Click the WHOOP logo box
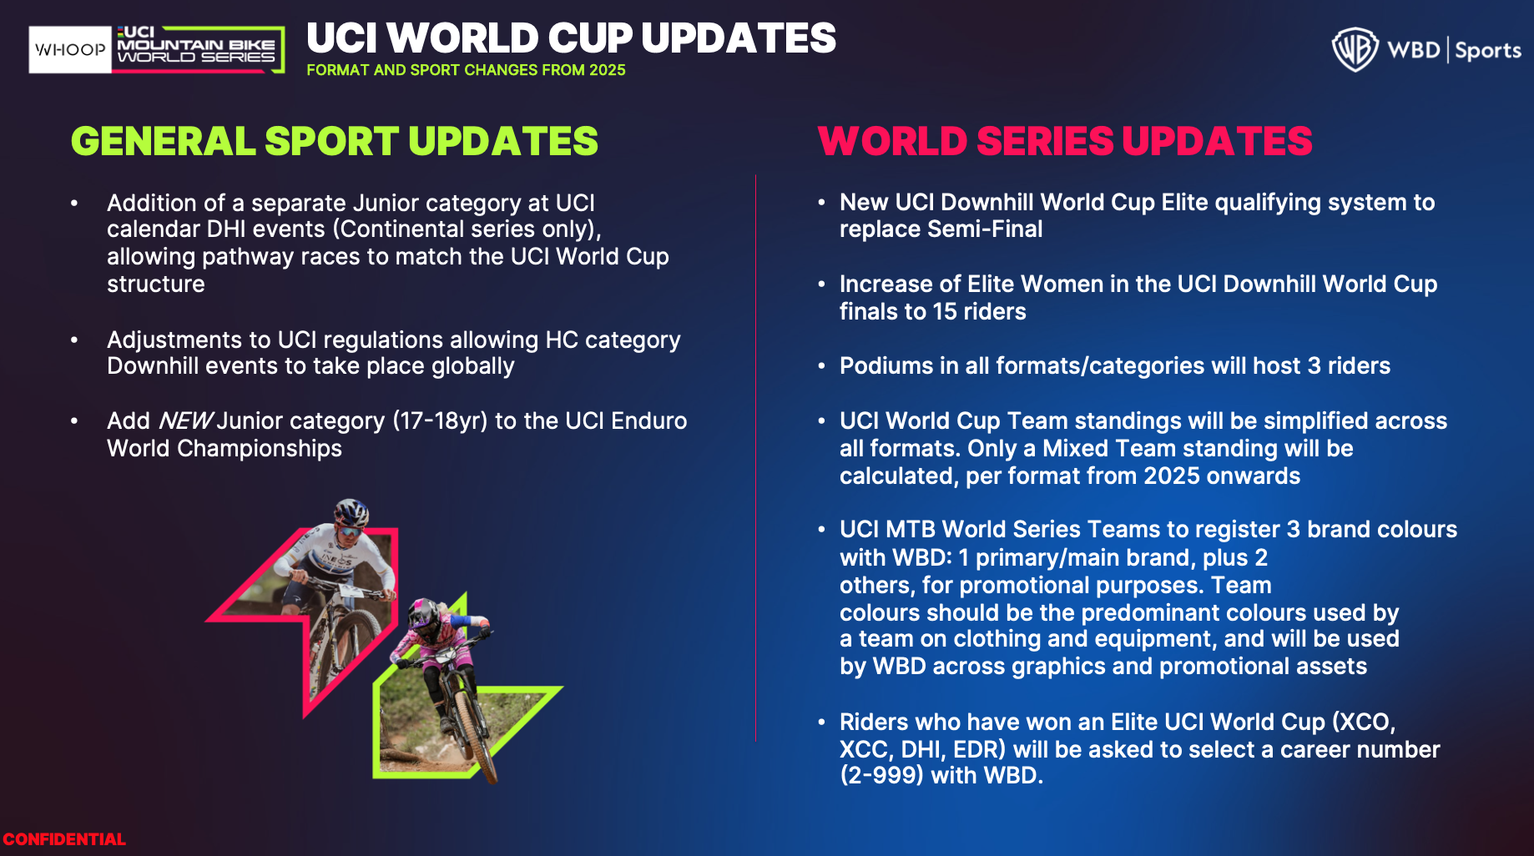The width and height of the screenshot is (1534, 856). pos(70,49)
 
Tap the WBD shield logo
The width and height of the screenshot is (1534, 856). pos(1355,49)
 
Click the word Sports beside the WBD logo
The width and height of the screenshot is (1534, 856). pos(1488,51)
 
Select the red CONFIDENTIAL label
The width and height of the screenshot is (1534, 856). pos(64,839)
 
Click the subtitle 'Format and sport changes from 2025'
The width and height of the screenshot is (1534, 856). pos(466,70)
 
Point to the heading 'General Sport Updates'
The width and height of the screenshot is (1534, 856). pos(335,141)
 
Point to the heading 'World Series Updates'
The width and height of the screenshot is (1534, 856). pos(1065,141)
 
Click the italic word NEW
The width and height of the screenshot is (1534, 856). pos(185,420)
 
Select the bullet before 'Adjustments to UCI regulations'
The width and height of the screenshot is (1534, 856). pos(74,340)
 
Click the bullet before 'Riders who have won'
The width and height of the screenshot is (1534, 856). pos(821,723)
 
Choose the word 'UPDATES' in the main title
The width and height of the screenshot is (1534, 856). pos(739,38)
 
